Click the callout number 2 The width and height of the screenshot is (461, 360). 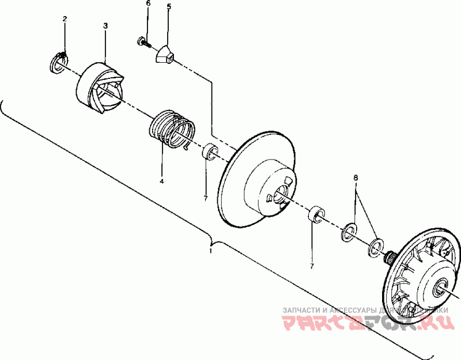[x=65, y=19]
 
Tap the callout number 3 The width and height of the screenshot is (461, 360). [x=105, y=26]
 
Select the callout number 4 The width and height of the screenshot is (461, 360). [x=162, y=181]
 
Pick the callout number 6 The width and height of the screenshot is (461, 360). [x=148, y=3]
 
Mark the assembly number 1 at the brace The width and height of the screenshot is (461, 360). [x=210, y=251]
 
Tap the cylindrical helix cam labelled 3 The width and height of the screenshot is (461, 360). [x=101, y=88]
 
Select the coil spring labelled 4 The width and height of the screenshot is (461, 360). [x=172, y=128]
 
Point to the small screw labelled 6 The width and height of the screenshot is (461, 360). [x=142, y=41]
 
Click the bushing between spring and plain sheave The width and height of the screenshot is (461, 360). [x=209, y=152]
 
